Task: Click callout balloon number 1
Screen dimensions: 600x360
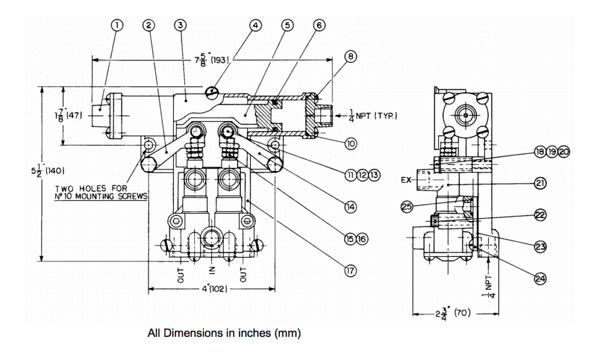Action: pyautogui.click(x=117, y=25)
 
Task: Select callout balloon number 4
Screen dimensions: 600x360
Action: pyautogui.click(x=255, y=25)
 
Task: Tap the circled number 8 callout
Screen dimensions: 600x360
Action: pyautogui.click(x=350, y=56)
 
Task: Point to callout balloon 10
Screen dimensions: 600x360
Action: pyautogui.click(x=350, y=144)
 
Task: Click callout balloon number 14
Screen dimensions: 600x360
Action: pyautogui.click(x=350, y=207)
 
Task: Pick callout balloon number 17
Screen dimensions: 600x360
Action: pyautogui.click(x=350, y=270)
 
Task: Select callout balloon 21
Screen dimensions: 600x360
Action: pyautogui.click(x=540, y=183)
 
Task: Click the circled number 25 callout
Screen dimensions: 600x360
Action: pyautogui.click(x=407, y=206)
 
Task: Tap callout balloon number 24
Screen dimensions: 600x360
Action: pyautogui.click(x=540, y=279)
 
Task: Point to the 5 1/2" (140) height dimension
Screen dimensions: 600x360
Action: pyautogui.click(x=47, y=170)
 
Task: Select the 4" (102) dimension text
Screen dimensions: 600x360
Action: pyautogui.click(x=214, y=289)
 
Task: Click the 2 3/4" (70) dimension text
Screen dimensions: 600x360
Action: pyautogui.click(x=452, y=313)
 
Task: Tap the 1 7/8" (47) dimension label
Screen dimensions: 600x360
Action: pyautogui.click(x=68, y=115)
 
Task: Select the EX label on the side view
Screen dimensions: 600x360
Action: pyautogui.click(x=406, y=180)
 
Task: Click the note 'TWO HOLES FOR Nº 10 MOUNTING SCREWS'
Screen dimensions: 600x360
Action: pyautogui.click(x=101, y=192)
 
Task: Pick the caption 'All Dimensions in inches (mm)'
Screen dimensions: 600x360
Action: pyautogui.click(x=224, y=333)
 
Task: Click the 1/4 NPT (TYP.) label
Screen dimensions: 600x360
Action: pyautogui.click(x=373, y=116)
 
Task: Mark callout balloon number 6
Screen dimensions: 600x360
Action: pyautogui.click(x=319, y=25)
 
